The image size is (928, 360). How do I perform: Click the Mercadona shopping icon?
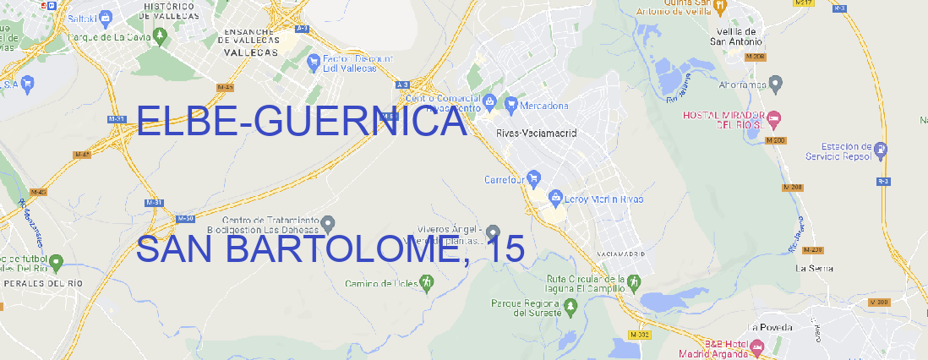click(x=510, y=106)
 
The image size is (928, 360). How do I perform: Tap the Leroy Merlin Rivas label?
click(x=602, y=199)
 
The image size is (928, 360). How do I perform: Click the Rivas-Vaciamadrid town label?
click(x=536, y=134)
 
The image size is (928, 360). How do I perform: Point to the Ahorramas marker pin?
click(x=777, y=83)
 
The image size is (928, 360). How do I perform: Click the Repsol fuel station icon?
click(x=881, y=150)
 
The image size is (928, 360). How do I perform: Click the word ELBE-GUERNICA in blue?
click(x=302, y=123)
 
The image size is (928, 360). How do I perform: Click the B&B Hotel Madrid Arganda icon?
click(x=758, y=347)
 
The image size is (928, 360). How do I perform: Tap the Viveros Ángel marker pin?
click(x=494, y=232)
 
